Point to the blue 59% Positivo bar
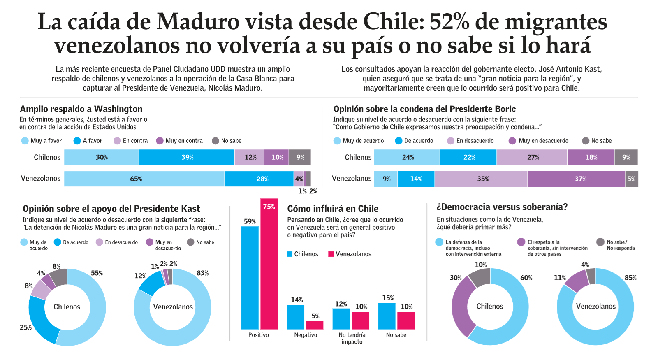tap(250, 278)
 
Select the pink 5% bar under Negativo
tap(315, 325)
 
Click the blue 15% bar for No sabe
tap(387, 316)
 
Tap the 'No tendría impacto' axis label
tap(352, 338)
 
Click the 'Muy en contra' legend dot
tap(160, 141)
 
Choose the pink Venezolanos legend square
tap(331, 254)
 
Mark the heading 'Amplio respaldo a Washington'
tap(81, 109)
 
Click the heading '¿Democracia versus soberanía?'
tap(502, 207)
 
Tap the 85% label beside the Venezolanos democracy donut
tap(630, 278)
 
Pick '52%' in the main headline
tap(449, 21)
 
